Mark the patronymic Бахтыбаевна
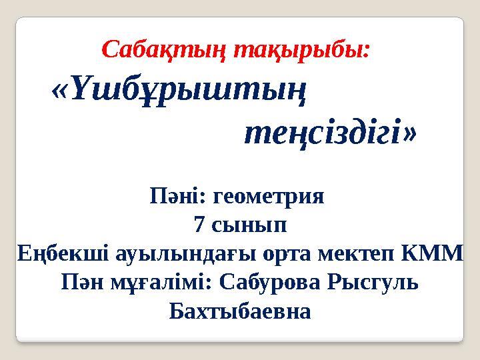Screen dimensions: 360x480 pos(240,311)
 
